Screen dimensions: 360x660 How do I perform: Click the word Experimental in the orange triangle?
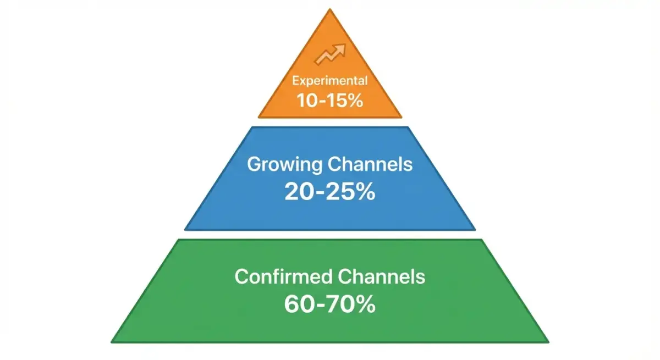click(x=329, y=81)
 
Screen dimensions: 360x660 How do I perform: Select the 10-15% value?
click(x=329, y=101)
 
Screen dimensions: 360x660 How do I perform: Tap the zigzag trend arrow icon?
click(x=329, y=54)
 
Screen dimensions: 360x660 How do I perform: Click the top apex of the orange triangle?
click(x=330, y=10)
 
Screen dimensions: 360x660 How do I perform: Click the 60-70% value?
click(x=329, y=303)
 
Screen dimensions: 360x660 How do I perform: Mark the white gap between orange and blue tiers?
click(x=330, y=122)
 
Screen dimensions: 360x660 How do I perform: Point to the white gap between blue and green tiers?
click(x=330, y=235)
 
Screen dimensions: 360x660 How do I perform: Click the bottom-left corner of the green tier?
click(x=113, y=341)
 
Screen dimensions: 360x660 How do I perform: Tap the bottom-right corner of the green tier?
click(x=547, y=341)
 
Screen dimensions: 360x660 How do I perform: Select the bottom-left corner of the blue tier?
click(x=186, y=229)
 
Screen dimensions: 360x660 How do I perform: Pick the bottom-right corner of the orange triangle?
click(x=400, y=116)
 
